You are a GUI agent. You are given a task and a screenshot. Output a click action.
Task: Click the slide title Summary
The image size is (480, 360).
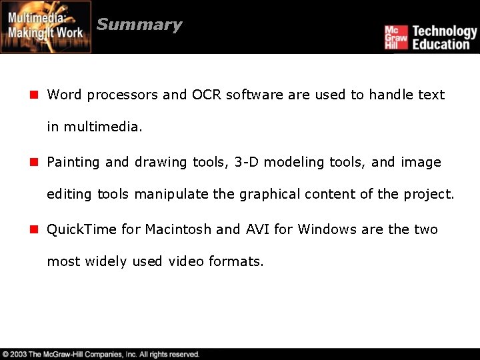[x=139, y=25]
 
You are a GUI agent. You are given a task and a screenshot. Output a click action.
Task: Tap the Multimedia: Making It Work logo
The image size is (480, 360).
[x=46, y=27]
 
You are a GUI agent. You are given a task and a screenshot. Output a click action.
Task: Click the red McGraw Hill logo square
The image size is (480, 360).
[x=395, y=37]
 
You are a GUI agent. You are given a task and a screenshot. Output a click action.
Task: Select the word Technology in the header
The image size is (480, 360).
[x=445, y=31]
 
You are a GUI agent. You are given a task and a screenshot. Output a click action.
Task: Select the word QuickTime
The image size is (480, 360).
[x=82, y=229]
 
